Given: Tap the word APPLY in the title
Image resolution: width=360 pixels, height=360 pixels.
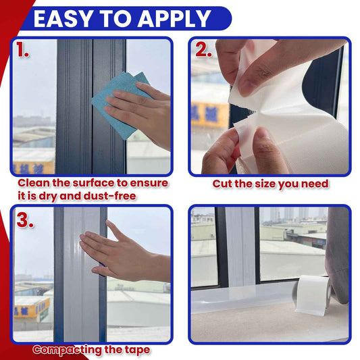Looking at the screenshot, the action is coord(174,18).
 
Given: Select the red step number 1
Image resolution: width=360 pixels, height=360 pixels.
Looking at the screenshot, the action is coord(22,50).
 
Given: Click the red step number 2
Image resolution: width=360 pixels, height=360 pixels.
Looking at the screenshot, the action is coord(203,49).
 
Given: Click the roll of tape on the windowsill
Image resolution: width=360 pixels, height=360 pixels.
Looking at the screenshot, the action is coord(313,294).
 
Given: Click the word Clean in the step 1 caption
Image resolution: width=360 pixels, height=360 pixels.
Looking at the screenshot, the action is coord(34,183).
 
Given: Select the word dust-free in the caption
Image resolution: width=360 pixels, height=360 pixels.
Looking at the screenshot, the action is coord(109,197).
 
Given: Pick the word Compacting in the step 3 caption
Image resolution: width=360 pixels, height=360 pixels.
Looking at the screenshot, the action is coord(67,351).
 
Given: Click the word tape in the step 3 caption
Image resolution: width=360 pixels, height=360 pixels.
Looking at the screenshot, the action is coord(137,351).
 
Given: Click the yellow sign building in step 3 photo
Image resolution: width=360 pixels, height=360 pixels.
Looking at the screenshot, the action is coord(32,307).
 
